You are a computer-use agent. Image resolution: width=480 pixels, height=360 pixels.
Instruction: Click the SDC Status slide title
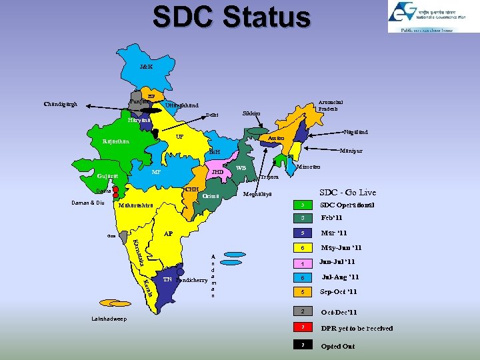[x=231, y=17]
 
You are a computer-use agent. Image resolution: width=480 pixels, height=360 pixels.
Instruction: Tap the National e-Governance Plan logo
[x=424, y=17]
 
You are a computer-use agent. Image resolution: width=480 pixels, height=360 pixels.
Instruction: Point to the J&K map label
[x=146, y=67]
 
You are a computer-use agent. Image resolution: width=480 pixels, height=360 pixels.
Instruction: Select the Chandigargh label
[x=60, y=104]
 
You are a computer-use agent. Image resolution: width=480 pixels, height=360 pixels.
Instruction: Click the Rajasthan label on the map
[x=116, y=141]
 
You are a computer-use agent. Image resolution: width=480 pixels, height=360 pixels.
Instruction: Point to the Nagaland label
[x=355, y=132]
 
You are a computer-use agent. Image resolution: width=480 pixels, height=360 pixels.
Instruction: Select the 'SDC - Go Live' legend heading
[x=348, y=192]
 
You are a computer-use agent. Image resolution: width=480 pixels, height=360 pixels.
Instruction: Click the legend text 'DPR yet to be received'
[x=357, y=328]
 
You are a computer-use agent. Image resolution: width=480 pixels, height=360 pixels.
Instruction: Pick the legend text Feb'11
[x=331, y=218]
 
